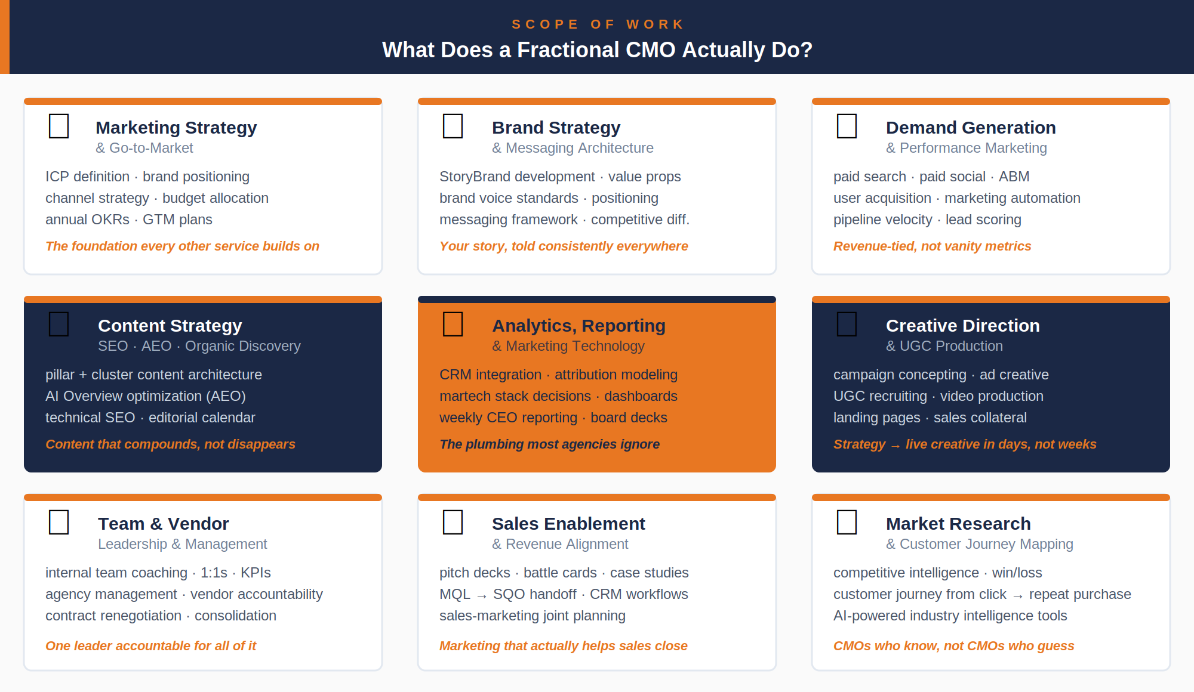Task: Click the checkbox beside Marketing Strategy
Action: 59,126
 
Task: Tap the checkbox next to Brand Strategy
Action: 453,126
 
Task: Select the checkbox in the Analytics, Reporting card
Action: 453,324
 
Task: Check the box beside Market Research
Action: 847,522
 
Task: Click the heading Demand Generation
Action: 971,128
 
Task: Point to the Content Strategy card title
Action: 170,326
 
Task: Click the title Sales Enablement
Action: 568,524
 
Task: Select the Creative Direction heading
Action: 962,326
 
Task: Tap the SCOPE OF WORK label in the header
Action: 598,24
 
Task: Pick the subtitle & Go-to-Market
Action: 144,148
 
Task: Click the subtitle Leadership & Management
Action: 182,544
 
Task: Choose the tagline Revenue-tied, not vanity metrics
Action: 932,246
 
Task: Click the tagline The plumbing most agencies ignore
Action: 549,444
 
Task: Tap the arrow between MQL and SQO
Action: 482,595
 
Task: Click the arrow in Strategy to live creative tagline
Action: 895,446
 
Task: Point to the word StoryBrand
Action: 475,177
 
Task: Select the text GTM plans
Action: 177,220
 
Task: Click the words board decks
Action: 629,418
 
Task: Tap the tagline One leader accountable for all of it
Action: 150,646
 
